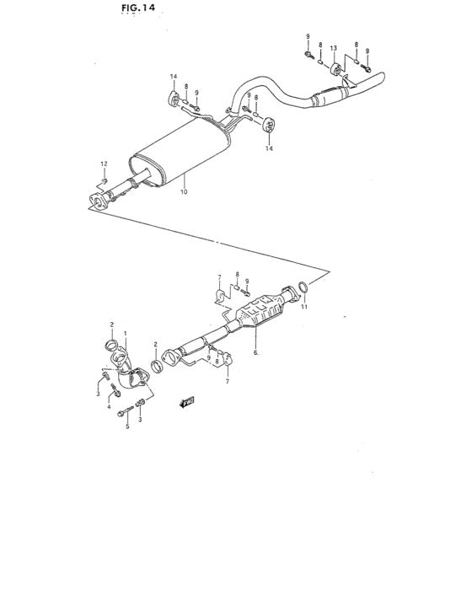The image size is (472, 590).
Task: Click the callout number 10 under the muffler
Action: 184,192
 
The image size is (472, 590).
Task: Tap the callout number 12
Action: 105,164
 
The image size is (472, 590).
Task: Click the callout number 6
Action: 255,354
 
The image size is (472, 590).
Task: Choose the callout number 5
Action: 127,426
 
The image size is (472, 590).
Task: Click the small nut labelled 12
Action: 103,180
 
